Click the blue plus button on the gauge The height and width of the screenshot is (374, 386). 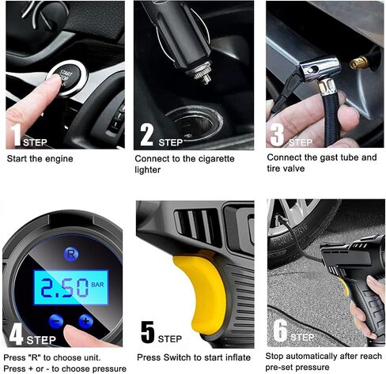pyautogui.click(x=85, y=321)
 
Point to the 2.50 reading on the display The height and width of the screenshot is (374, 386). pyautogui.click(x=64, y=288)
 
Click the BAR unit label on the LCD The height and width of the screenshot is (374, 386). pyautogui.click(x=97, y=285)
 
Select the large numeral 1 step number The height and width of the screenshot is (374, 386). pyautogui.click(x=17, y=134)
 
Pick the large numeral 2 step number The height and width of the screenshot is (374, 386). pyautogui.click(x=146, y=134)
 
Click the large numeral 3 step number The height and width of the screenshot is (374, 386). pyautogui.click(x=277, y=135)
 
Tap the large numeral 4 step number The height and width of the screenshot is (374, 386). pyautogui.click(x=16, y=334)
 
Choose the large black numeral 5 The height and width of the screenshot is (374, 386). pyautogui.click(x=148, y=332)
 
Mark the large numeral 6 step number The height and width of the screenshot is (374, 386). pyautogui.click(x=280, y=331)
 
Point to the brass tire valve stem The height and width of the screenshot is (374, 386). pyautogui.click(x=359, y=62)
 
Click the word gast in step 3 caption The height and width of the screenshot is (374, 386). pyautogui.click(x=329, y=158)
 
